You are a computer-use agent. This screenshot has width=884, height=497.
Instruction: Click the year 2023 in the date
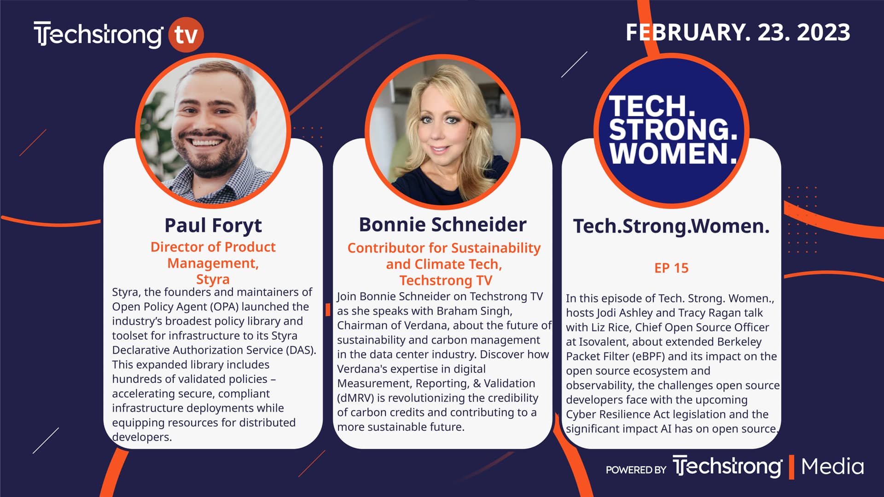[x=823, y=32]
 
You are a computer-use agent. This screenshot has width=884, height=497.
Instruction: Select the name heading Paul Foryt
[x=213, y=225]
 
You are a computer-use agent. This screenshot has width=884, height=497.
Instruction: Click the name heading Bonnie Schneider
[x=442, y=225]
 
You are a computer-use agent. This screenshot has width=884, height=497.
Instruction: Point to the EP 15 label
[x=671, y=268]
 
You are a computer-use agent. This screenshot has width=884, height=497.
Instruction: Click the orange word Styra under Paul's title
[x=213, y=279]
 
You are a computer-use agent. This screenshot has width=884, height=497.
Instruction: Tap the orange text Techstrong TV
[x=446, y=280]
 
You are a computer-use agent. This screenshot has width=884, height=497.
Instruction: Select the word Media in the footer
[x=832, y=467]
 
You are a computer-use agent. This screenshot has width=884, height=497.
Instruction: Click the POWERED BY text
[x=636, y=470]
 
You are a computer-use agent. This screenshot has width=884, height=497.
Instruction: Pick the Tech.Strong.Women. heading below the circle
[x=671, y=226]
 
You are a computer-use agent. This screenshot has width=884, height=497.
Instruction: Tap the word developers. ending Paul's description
[x=142, y=437]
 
